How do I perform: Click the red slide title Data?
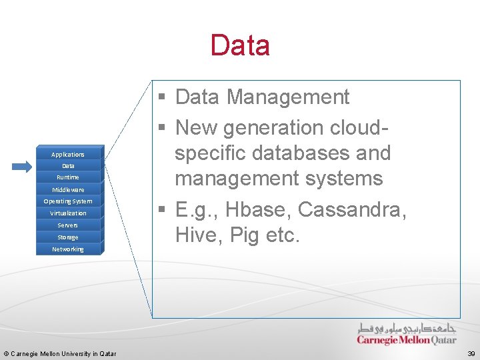(x=240, y=45)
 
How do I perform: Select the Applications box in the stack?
(x=68, y=154)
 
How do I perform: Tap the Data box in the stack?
(x=68, y=166)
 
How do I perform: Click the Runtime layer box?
(x=68, y=177)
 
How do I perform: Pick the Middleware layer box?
(x=68, y=189)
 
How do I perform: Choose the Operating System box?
(x=68, y=201)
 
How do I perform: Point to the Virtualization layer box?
(x=68, y=213)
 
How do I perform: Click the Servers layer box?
(x=68, y=225)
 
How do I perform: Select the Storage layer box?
(x=68, y=237)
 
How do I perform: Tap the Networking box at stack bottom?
(x=68, y=249)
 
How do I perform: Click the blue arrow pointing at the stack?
(x=21, y=167)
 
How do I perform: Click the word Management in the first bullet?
(x=288, y=97)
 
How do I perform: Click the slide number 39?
(x=471, y=353)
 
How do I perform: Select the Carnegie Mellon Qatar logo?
(x=407, y=334)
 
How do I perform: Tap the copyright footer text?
(x=60, y=353)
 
